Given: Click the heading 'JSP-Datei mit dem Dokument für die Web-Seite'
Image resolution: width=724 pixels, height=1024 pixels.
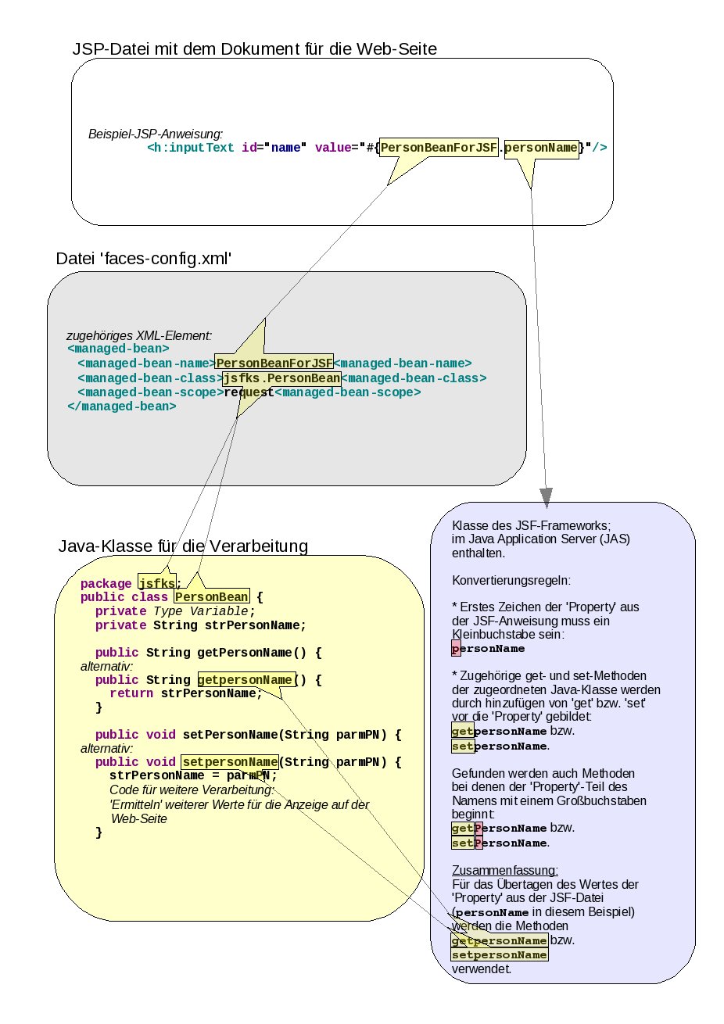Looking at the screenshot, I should (254, 48).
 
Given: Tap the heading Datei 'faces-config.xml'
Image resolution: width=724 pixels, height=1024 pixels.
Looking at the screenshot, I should (144, 259).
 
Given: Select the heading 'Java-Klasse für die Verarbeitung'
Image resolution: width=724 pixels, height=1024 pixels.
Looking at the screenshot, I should (183, 546).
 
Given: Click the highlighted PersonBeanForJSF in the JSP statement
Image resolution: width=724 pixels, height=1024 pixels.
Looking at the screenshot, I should (439, 147).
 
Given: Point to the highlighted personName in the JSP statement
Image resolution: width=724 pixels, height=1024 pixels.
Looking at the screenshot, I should (541, 147).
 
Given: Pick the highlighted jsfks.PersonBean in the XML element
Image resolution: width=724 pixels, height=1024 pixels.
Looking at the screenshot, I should (282, 378).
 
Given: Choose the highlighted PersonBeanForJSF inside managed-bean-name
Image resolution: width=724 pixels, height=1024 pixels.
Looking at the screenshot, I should (274, 363).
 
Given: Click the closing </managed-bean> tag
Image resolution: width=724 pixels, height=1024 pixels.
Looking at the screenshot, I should (122, 406).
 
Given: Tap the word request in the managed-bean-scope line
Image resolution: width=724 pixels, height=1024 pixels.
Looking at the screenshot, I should (249, 392).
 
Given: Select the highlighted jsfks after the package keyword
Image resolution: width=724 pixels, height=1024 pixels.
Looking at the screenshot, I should (157, 583).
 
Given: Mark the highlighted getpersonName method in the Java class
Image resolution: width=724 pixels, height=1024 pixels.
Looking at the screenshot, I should (246, 679).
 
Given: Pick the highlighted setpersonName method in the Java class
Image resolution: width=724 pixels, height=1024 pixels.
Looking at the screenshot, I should (230, 761).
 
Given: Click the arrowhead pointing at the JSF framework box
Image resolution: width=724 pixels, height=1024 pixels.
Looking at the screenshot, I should (546, 496).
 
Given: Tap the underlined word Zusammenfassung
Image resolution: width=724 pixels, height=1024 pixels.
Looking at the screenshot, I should (505, 871).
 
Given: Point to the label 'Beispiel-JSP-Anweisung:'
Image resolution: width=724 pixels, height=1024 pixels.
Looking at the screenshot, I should (156, 134).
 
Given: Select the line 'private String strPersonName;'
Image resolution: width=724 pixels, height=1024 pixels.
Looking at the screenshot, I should (201, 625).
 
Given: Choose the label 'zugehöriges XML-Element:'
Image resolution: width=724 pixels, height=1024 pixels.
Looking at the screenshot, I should (139, 335).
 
